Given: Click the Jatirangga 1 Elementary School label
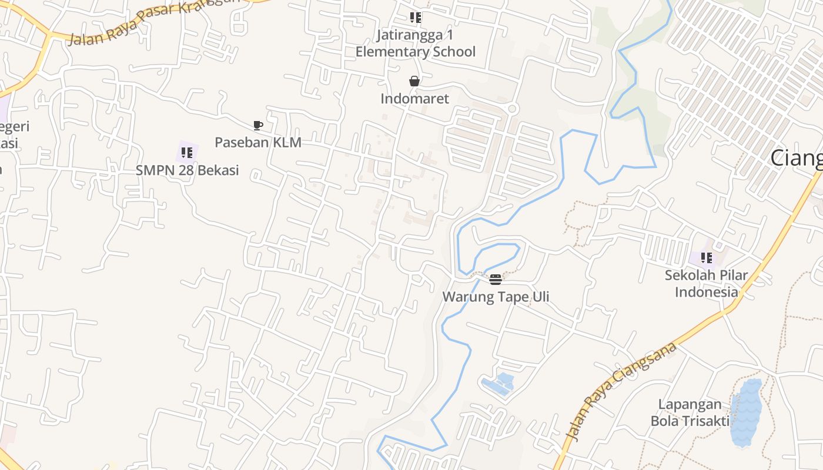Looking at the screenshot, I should pos(416,43).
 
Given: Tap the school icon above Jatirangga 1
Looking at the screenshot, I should pos(416,18).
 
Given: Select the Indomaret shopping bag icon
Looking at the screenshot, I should pos(414,81).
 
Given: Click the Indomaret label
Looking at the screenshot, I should pos(414,98).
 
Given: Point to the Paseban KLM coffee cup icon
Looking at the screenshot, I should pos(257,125).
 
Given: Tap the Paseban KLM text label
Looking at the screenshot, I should pos(257,142).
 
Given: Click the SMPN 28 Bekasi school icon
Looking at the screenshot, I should pos(187,153).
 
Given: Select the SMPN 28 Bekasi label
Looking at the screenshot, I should pos(187,170).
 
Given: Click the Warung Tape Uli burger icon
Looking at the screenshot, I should pos(496,279).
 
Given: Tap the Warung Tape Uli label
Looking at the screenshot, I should pos(496,296).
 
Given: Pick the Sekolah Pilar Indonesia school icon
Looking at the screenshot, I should pos(706,257).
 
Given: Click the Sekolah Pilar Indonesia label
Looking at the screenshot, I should pos(706,283).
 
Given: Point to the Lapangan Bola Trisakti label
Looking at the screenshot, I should pos(690,412).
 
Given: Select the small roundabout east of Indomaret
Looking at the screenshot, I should pos(511,109).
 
